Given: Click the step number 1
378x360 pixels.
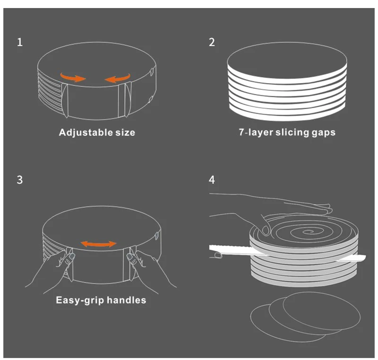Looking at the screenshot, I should click(x=19, y=43).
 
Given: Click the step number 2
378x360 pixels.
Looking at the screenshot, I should click(x=212, y=43).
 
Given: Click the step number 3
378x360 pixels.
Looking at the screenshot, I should click(x=19, y=180).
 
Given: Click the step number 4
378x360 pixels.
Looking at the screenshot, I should click(x=212, y=180).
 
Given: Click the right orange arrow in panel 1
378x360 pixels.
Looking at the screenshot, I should click(x=117, y=77).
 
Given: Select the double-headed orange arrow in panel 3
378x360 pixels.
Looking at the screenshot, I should click(x=98, y=244).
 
